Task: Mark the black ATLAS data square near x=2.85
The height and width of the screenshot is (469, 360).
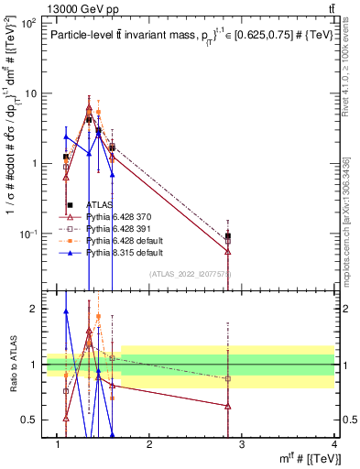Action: [x=227, y=236]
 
